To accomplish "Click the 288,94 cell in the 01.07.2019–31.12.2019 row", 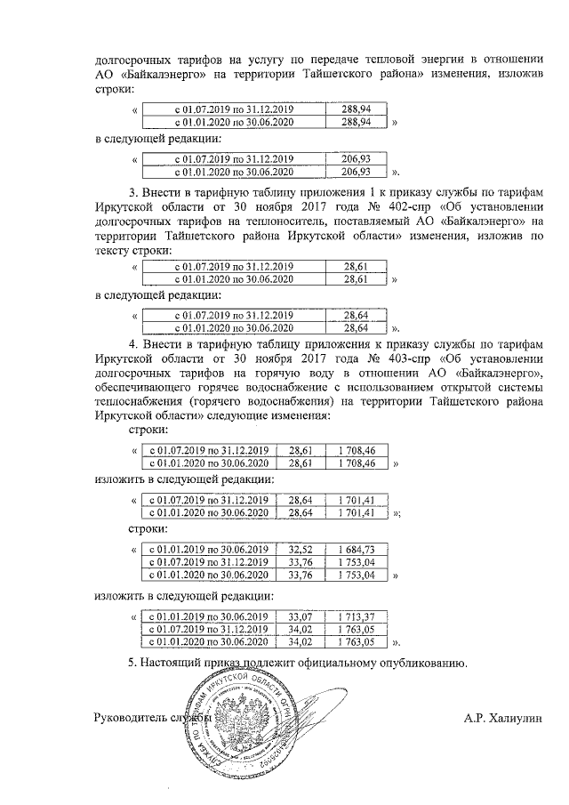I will [356, 109].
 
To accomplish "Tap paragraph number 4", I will [132, 342].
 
